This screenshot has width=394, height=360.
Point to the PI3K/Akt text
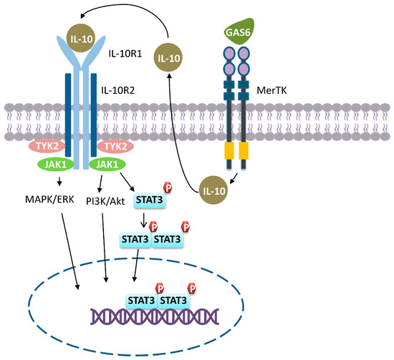point(106,191)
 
